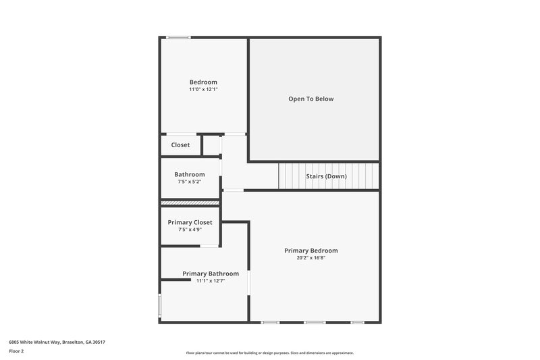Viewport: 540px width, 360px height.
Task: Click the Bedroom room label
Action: click(203, 82)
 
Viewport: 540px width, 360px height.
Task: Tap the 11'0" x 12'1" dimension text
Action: click(203, 89)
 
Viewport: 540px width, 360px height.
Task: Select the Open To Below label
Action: click(310, 99)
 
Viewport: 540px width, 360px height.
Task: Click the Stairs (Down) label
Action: click(327, 176)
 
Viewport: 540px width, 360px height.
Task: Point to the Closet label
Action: click(180, 145)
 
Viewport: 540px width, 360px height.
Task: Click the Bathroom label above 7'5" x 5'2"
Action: click(189, 174)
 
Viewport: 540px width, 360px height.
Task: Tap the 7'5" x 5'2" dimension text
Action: click(189, 182)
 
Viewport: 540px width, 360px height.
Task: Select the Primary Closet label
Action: click(190, 222)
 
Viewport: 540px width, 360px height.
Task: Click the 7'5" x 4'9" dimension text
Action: click(190, 230)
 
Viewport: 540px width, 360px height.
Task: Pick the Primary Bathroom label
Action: click(210, 274)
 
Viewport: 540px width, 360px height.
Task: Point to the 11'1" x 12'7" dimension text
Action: click(210, 281)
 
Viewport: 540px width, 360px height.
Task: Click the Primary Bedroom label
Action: click(310, 251)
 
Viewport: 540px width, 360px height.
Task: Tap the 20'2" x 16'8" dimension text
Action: click(310, 258)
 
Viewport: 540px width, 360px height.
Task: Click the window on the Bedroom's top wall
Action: click(179, 37)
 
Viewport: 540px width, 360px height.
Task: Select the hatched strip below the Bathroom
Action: click(190, 203)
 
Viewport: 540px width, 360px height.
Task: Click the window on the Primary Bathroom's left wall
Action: click(160, 305)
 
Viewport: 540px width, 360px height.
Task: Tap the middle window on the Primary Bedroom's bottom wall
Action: click(314, 322)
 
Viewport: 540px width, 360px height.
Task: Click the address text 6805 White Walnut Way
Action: click(57, 342)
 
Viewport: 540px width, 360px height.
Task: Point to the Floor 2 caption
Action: click(16, 351)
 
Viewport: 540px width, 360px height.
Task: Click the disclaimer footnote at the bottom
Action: click(269, 353)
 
